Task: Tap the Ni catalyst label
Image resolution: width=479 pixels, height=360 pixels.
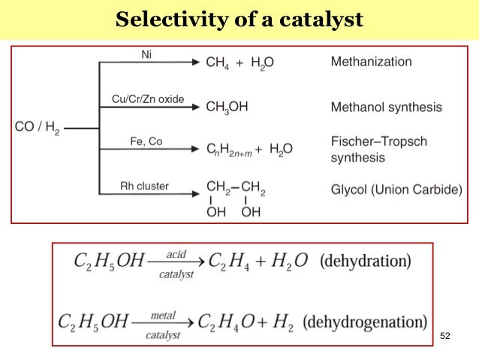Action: click(x=146, y=54)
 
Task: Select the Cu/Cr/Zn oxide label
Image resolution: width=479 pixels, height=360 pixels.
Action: click(x=143, y=99)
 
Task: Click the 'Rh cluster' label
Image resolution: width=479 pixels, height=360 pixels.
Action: click(x=144, y=186)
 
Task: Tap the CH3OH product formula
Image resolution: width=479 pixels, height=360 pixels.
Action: click(x=227, y=107)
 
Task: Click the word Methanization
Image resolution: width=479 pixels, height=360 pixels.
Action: click(x=371, y=62)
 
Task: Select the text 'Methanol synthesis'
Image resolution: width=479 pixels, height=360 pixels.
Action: click(x=386, y=107)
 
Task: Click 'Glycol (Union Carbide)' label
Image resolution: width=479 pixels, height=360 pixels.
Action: click(x=396, y=189)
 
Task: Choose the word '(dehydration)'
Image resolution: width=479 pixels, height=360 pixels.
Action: click(x=365, y=262)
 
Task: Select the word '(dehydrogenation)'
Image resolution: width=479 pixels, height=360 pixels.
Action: click(x=365, y=322)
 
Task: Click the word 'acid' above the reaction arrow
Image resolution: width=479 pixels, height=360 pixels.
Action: click(x=176, y=255)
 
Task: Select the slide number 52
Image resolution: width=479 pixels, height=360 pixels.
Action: click(x=446, y=335)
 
